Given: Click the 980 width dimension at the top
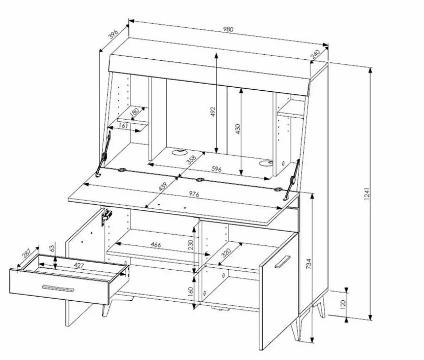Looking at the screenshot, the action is point(228,29).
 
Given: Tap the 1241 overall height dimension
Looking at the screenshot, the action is point(367,193).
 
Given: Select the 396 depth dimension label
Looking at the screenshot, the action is point(113,34).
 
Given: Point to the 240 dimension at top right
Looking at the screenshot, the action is point(315,54).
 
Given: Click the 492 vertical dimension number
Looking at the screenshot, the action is point(213,112).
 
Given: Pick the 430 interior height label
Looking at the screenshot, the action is point(238,129).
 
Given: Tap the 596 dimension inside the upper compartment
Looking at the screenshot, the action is point(216,169).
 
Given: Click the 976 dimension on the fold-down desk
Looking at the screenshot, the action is point(194,194).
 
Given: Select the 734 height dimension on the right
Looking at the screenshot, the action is point(309,264).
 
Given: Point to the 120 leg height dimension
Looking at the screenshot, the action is point(343,304).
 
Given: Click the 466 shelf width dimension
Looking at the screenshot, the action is point(156,245).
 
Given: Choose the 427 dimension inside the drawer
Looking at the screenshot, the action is point(79,266).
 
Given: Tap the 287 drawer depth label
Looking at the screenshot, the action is point(26,254).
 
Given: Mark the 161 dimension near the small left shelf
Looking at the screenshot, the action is point(123,126).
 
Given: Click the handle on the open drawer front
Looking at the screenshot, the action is point(58,288).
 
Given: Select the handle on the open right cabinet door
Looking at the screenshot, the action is point(282,262).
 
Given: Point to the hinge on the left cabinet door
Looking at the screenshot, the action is point(107,217).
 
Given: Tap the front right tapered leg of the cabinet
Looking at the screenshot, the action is point(295,329).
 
